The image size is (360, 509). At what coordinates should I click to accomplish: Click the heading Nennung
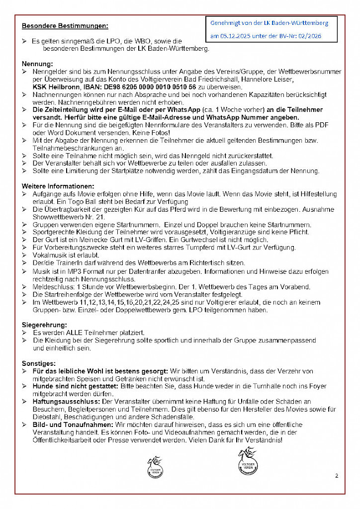click(37, 64)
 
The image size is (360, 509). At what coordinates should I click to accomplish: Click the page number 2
click(337, 476)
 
